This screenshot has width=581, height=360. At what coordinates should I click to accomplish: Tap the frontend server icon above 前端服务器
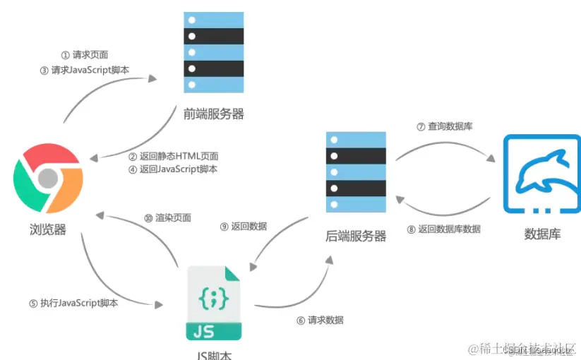click(213, 52)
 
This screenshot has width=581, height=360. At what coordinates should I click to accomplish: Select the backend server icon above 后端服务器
click(357, 172)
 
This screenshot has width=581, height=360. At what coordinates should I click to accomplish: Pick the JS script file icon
click(214, 304)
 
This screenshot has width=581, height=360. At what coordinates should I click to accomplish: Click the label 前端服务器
click(213, 113)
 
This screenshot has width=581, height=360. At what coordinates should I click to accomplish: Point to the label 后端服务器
click(357, 236)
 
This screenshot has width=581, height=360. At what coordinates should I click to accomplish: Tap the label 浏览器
click(48, 229)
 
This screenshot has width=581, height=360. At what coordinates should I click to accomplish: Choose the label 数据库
click(542, 234)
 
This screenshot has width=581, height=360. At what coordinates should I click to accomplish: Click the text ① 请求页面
click(84, 54)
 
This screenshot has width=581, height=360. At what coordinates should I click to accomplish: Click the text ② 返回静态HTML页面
click(173, 156)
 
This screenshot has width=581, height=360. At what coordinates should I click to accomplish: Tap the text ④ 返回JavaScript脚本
click(173, 169)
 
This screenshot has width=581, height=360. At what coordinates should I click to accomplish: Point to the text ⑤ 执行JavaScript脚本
click(73, 303)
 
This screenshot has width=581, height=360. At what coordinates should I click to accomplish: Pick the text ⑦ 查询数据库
click(444, 126)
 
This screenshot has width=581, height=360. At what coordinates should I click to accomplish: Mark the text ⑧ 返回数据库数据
click(444, 229)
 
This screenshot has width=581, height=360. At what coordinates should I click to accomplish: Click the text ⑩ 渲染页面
click(167, 217)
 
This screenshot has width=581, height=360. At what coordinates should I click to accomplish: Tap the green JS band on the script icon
click(214, 331)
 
